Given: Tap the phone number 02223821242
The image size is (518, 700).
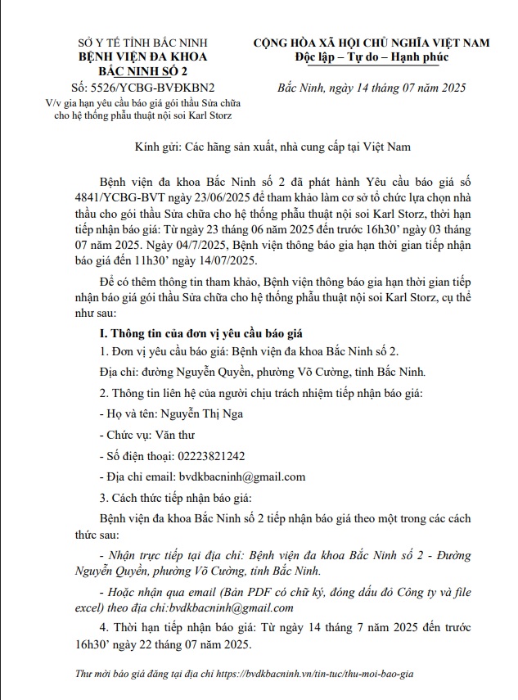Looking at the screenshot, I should pos(202,456).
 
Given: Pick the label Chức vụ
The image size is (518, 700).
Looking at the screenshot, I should pos(124,435).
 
